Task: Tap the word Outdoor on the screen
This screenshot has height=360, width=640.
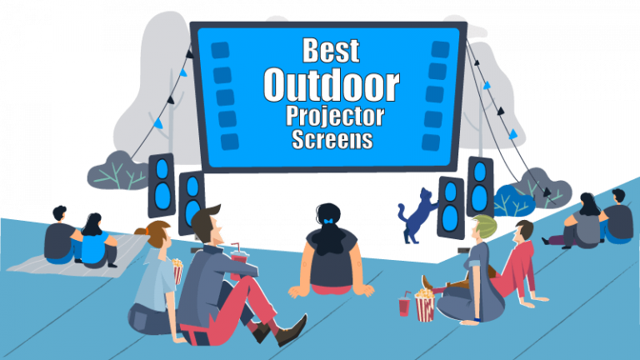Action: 332,84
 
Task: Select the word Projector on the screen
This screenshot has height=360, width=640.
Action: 332,117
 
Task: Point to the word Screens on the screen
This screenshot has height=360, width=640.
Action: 332,140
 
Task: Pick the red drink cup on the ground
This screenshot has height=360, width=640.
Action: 405,305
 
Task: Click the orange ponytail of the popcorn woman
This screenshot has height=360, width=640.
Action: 143,229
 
